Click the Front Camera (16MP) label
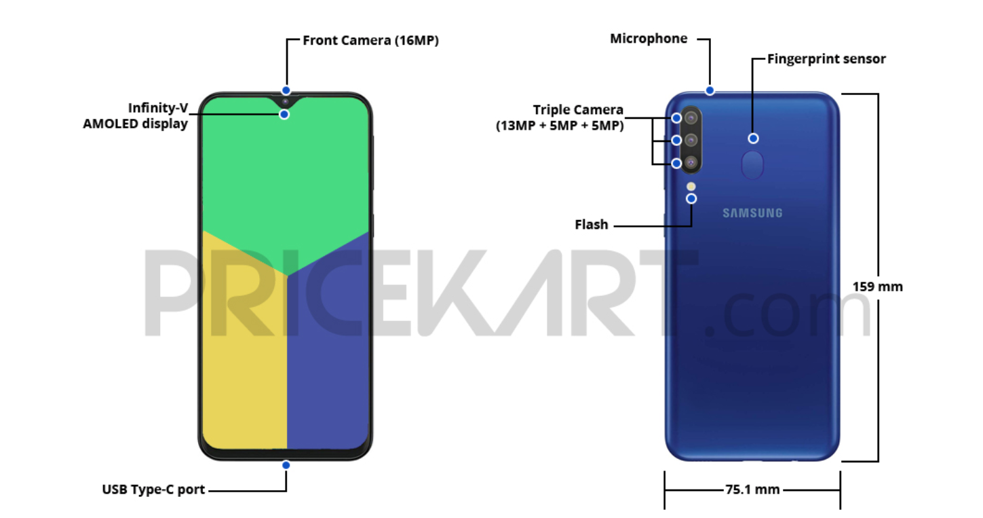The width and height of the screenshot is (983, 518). pyautogui.click(x=370, y=41)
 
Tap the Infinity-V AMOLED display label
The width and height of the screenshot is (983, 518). pyautogui.click(x=136, y=116)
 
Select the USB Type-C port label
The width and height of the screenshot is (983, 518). pyautogui.click(x=153, y=489)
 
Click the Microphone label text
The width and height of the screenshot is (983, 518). pyautogui.click(x=649, y=39)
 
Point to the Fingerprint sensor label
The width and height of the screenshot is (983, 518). pyautogui.click(x=826, y=59)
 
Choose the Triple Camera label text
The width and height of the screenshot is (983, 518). pyautogui.click(x=578, y=110)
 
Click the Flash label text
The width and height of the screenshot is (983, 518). pyautogui.click(x=592, y=224)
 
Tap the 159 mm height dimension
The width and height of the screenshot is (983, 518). pyautogui.click(x=878, y=286)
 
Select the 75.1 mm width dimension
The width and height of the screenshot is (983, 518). pyautogui.click(x=752, y=489)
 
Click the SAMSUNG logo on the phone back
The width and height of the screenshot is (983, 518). pyautogui.click(x=752, y=213)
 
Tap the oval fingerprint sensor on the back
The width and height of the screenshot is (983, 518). pyautogui.click(x=753, y=165)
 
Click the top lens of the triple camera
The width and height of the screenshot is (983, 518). pyautogui.click(x=691, y=117)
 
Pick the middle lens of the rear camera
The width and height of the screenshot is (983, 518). pyautogui.click(x=691, y=140)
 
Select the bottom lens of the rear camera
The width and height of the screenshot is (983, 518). pyautogui.click(x=691, y=163)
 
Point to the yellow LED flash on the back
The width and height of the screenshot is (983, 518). pyautogui.click(x=691, y=185)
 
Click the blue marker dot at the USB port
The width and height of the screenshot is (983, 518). pyautogui.click(x=286, y=465)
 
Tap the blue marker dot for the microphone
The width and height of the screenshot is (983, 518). pyautogui.click(x=710, y=90)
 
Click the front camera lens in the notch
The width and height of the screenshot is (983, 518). pyautogui.click(x=286, y=102)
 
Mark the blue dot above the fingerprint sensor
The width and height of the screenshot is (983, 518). pyautogui.click(x=753, y=138)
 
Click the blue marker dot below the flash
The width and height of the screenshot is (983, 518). pyautogui.click(x=691, y=198)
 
